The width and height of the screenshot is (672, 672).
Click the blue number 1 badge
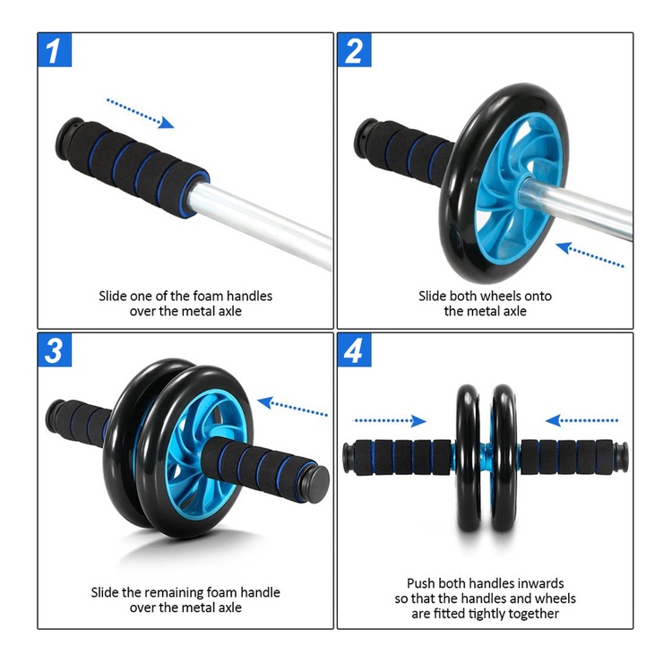click(55, 50)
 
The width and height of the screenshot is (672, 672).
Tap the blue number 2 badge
click(354, 50)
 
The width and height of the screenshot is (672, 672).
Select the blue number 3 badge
click(55, 350)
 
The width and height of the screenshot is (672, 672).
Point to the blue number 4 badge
click(354, 350)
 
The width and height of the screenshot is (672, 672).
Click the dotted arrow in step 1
click(140, 113)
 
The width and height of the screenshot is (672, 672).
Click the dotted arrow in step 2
click(590, 254)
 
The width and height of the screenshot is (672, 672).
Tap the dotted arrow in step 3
click(292, 407)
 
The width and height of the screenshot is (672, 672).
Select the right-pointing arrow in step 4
click(390, 421)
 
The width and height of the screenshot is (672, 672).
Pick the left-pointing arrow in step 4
click(582, 421)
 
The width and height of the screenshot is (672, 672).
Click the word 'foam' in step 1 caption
click(208, 297)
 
